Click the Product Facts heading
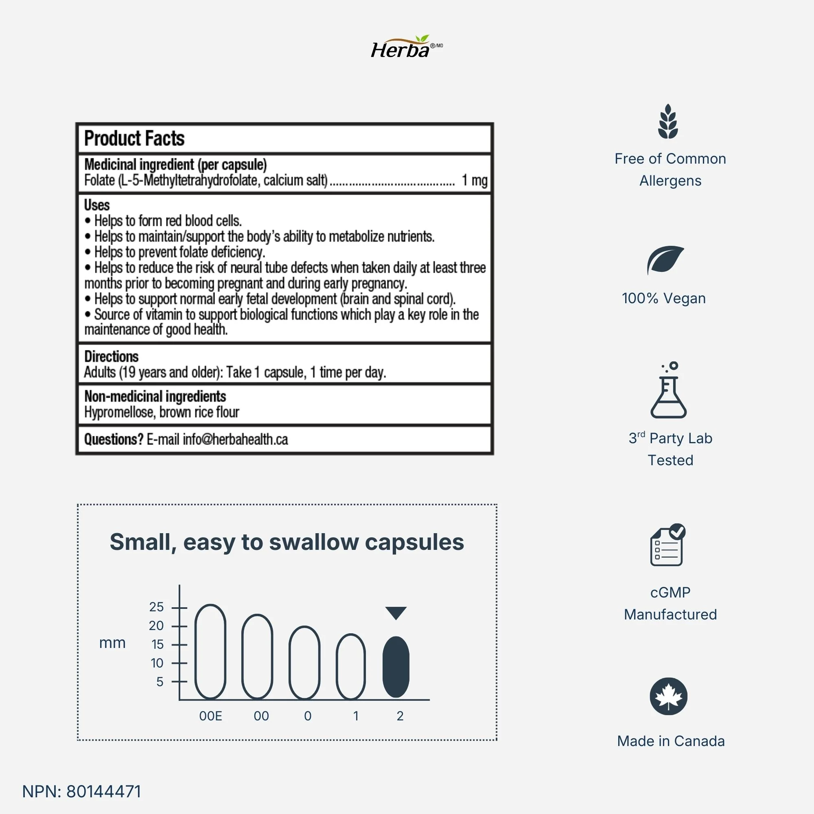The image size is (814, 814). coord(134,139)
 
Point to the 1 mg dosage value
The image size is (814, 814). coord(475,180)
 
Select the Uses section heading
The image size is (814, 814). coord(97,205)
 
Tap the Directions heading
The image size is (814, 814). coord(111,357)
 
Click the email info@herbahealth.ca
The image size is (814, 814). coord(235,440)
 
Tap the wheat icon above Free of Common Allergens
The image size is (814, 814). coord(668,122)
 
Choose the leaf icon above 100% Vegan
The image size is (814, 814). coord(665,260)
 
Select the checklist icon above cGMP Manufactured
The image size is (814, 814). coord(668,545)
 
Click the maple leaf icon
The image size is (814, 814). coord(669,696)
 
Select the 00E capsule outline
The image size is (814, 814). coord(210,651)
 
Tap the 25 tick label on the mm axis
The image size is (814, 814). coord(156,607)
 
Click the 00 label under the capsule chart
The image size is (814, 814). coord(261,716)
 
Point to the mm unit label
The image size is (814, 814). coord(112,643)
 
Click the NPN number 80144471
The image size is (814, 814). coord(104,792)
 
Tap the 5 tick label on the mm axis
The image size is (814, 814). coord(160,682)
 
